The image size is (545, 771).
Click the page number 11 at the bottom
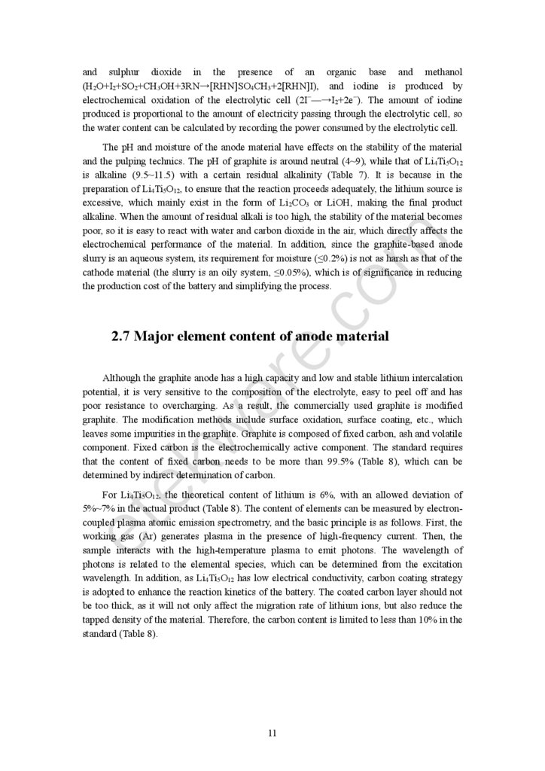coord(272,733)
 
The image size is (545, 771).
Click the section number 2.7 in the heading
coord(121,337)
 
